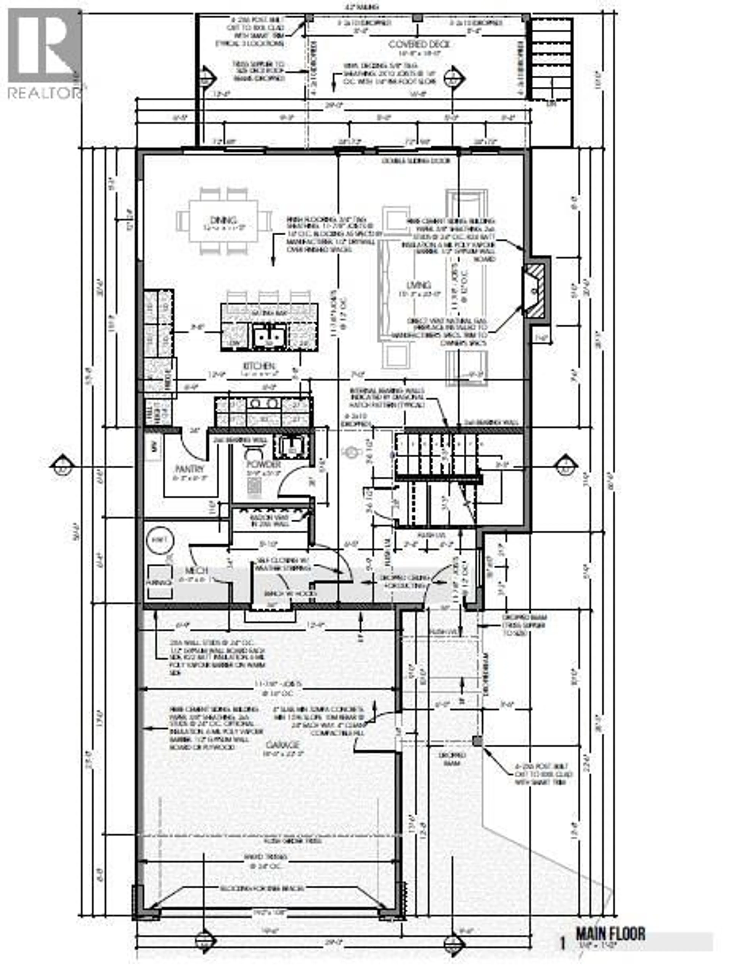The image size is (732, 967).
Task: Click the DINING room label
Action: (x=223, y=220)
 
